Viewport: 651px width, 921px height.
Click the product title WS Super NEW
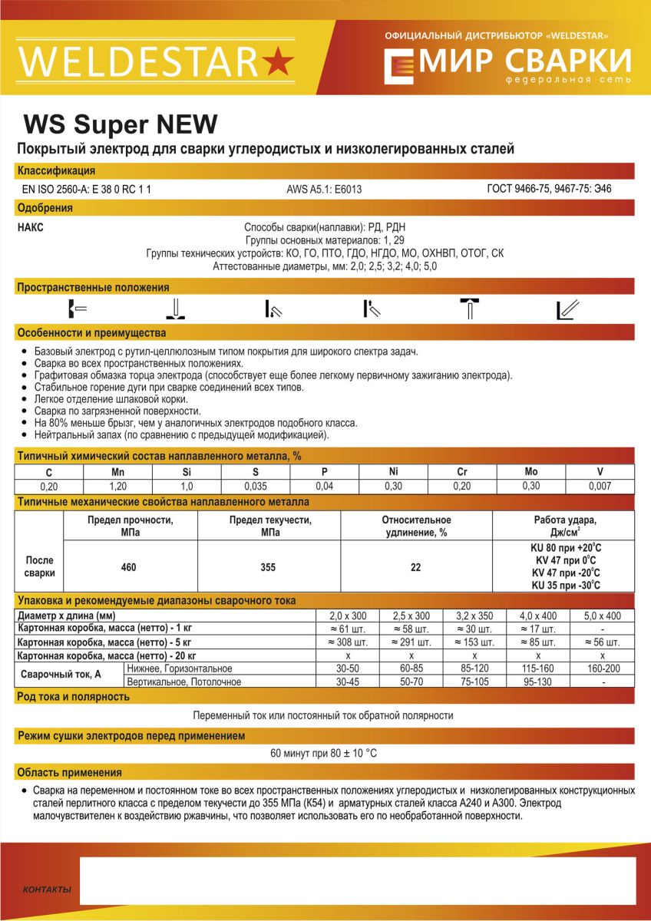121,124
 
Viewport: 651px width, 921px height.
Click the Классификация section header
56,170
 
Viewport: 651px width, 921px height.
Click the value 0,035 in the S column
255,486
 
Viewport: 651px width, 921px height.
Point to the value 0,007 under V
600,486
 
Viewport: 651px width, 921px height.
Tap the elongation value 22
415,567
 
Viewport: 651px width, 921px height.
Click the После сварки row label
39,567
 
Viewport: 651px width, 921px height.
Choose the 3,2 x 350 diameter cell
474,616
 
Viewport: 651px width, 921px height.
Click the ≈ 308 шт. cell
348,642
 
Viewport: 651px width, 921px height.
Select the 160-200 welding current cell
602,668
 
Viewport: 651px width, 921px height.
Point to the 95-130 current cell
538,682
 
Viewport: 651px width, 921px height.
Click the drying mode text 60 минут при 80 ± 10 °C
323,753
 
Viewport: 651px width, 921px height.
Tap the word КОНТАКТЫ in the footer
48,890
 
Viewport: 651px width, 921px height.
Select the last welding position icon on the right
567,309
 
